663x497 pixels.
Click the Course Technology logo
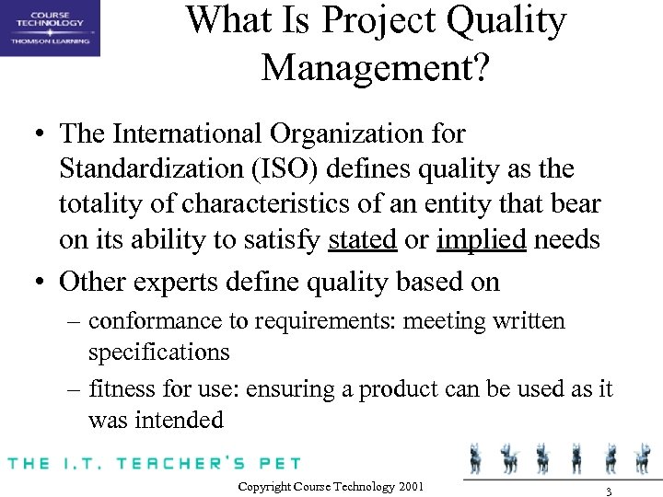coord(50,29)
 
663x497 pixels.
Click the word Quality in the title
coord(501,22)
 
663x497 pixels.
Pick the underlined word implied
coord(482,240)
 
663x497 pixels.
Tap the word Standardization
coord(145,169)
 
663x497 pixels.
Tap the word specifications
coord(159,352)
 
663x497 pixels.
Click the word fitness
coord(118,389)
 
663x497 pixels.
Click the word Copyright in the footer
coord(265,485)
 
